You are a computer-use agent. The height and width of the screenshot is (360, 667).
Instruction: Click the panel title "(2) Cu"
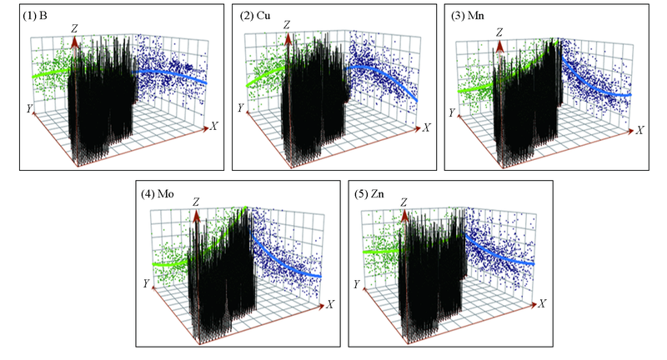tap(252, 14)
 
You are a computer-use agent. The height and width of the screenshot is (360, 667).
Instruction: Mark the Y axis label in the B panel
tap(30, 107)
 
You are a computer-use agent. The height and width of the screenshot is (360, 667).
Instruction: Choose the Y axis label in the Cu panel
tap(240, 108)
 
